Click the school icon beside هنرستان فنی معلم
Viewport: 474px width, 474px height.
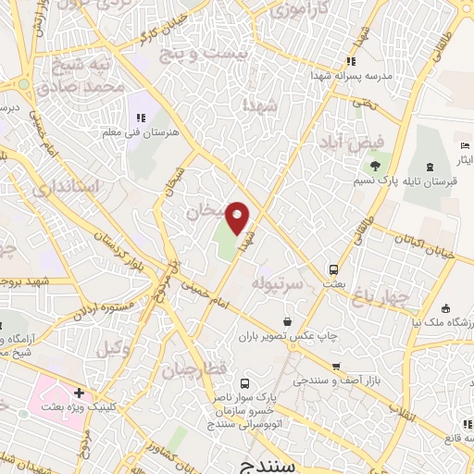(x=142, y=118)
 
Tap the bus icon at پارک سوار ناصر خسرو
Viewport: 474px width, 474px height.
(x=244, y=383)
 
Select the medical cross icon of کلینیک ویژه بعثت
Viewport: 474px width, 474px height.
(x=80, y=393)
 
